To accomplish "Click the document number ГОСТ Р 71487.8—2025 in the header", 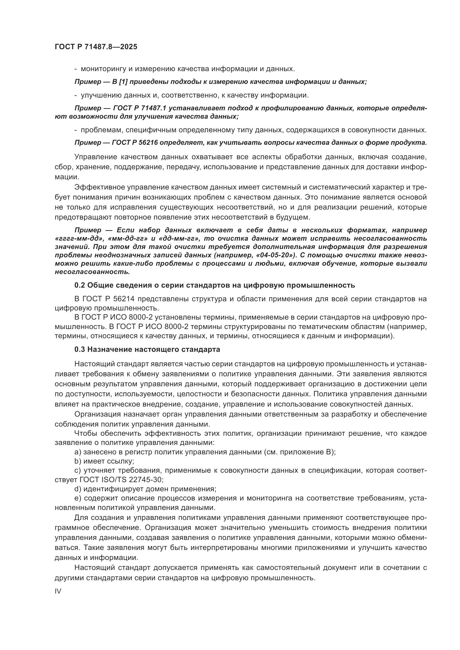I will tap(96, 47).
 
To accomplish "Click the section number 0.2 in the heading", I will tap(80, 285).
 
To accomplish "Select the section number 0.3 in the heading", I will tap(80, 350).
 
